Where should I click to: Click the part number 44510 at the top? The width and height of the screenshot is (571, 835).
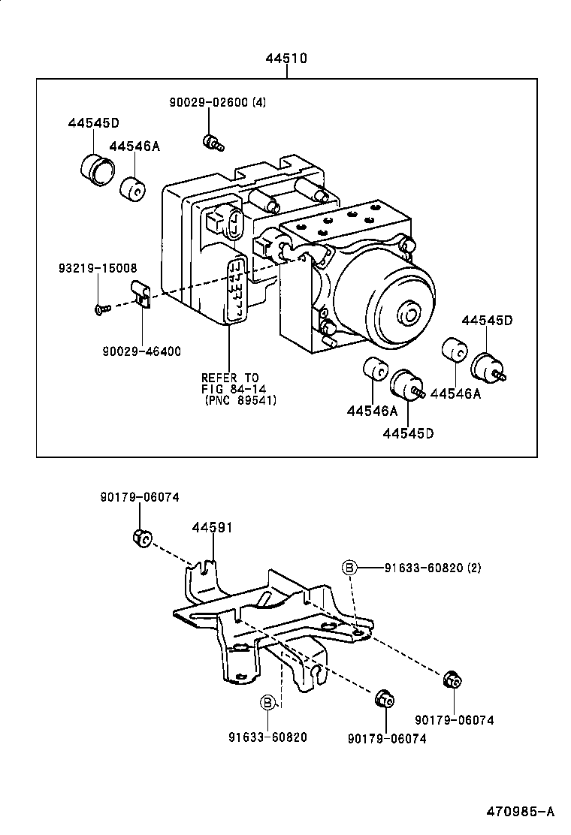(x=285, y=59)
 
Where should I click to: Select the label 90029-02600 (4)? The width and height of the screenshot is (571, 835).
(x=217, y=104)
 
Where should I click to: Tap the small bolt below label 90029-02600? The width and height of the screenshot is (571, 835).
(x=212, y=141)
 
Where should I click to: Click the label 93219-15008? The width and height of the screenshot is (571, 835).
(x=98, y=268)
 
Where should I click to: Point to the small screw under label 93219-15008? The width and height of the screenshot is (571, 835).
(x=102, y=308)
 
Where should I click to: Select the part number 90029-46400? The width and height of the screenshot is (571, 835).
(x=141, y=351)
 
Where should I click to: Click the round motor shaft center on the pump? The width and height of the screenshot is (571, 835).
(x=409, y=313)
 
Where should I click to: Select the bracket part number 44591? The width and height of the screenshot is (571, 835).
(x=212, y=528)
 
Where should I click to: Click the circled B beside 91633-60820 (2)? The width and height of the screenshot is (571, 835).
(x=349, y=568)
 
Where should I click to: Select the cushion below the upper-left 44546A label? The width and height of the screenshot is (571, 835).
(x=133, y=188)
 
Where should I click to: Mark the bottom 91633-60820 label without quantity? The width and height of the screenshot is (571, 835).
(x=268, y=737)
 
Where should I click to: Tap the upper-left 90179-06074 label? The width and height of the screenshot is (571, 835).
(x=140, y=497)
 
